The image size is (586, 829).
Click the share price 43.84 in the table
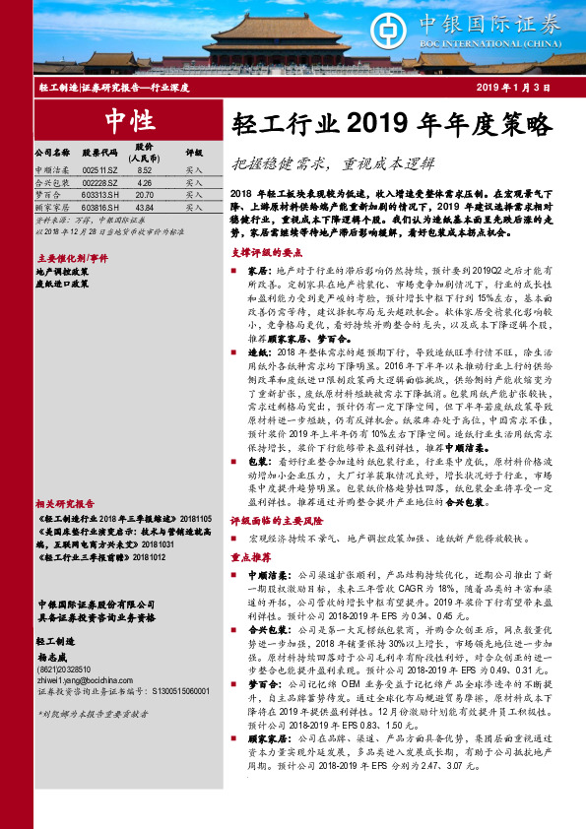point(145,209)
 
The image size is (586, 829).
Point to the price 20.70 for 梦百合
point(145,196)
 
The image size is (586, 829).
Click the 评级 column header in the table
point(194,154)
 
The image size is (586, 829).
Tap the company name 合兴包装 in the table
point(53,183)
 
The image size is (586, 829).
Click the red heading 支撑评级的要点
point(263,252)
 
